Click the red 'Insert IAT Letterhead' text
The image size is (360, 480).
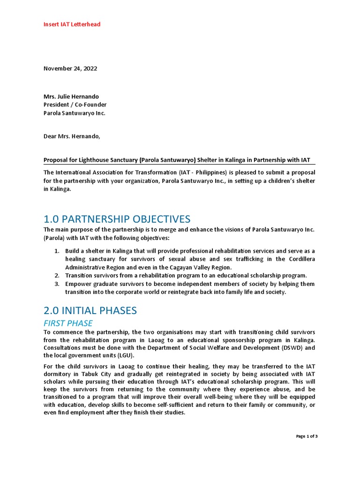[x=72, y=24]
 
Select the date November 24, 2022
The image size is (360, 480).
[x=70, y=68]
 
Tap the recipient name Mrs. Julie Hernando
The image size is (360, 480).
[x=71, y=97]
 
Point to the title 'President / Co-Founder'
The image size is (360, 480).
[x=75, y=105]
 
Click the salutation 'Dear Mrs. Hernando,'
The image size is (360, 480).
[x=72, y=137]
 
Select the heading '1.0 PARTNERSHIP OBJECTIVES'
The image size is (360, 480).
[x=117, y=219]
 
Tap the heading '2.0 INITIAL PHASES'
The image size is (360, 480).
[x=90, y=310]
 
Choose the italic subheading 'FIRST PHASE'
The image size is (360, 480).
[x=68, y=323]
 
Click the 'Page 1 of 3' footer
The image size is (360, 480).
[x=307, y=436]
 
